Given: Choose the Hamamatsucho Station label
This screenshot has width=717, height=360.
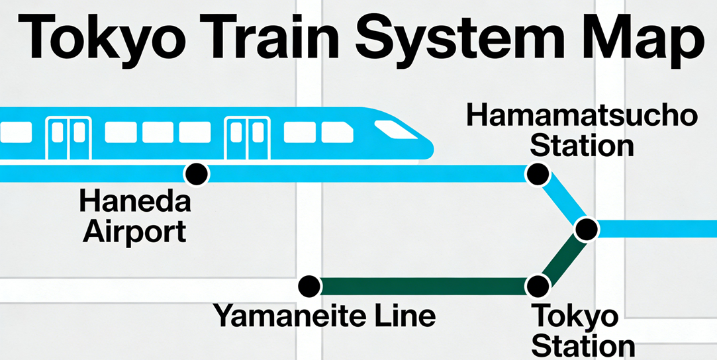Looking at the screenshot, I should pyautogui.click(x=582, y=131).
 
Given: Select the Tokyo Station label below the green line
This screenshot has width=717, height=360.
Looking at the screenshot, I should pyautogui.click(x=583, y=331).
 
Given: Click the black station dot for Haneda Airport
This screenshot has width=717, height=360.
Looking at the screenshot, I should pyautogui.click(x=196, y=174).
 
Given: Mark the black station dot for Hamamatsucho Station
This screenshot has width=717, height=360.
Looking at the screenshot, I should pyautogui.click(x=537, y=175).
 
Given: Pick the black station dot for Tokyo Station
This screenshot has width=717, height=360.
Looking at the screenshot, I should pyautogui.click(x=538, y=286).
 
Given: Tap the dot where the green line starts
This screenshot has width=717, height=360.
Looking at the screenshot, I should pyautogui.click(x=308, y=286).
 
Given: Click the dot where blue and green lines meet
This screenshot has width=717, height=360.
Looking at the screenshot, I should pyautogui.click(x=587, y=229).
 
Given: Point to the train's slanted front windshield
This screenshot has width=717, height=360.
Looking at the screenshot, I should pyautogui.click(x=395, y=129).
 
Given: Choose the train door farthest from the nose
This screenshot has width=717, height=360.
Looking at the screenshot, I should pyautogui.click(x=68, y=138).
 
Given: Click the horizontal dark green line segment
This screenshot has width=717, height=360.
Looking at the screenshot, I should pyautogui.click(x=424, y=286).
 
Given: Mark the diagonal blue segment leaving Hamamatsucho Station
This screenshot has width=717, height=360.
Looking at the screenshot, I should pyautogui.click(x=563, y=202).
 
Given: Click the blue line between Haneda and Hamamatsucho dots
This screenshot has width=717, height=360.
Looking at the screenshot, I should pyautogui.click(x=364, y=174).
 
